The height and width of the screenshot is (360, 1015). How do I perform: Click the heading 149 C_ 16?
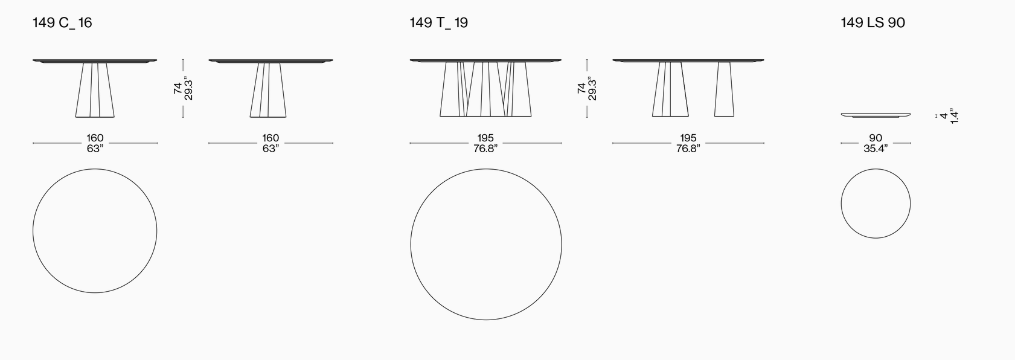pyautogui.click(x=62, y=23)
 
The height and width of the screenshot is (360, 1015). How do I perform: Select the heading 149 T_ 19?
pyautogui.click(x=438, y=23)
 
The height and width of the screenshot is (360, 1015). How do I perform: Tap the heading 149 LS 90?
pyautogui.click(x=873, y=23)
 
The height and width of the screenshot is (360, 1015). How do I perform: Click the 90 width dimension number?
pyautogui.click(x=876, y=138)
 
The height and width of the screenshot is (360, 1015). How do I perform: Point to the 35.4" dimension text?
pyautogui.click(x=876, y=148)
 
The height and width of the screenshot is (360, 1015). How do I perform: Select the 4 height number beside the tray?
pyautogui.click(x=944, y=116)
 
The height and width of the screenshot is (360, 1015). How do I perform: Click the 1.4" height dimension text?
pyautogui.click(x=955, y=115)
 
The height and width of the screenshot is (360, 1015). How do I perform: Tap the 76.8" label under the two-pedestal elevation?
pyautogui.click(x=688, y=148)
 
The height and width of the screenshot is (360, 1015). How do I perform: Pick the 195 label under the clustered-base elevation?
pyautogui.click(x=485, y=138)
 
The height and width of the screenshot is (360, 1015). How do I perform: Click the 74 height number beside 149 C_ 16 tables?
pyautogui.click(x=178, y=88)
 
